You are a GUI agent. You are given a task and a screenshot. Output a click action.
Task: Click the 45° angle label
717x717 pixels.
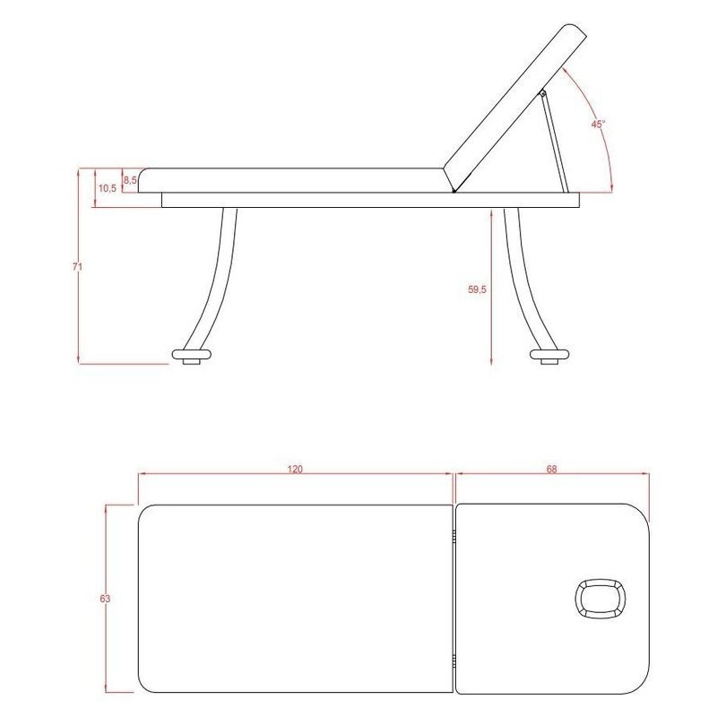[x=598, y=124]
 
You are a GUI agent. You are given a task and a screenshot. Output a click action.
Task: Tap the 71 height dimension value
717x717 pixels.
[x=77, y=266]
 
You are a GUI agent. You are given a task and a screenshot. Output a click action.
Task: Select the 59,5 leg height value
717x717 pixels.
[x=477, y=289]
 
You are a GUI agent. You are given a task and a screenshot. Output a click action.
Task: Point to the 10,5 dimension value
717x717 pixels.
[x=108, y=188]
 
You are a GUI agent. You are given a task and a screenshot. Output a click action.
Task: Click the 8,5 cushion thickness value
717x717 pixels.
[x=130, y=180]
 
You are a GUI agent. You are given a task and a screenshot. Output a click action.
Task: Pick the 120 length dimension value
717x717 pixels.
[x=295, y=469]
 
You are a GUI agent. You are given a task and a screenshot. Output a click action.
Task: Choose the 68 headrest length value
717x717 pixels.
[x=551, y=469]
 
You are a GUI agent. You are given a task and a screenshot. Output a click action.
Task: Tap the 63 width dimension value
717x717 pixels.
[x=105, y=599]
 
